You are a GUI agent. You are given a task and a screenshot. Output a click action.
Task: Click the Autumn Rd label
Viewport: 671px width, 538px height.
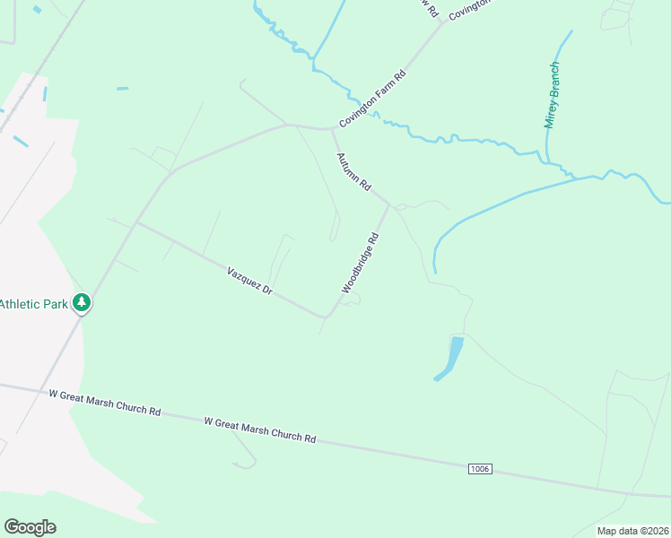point(353,171)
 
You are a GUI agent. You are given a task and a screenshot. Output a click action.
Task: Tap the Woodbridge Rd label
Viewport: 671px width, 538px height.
point(361,264)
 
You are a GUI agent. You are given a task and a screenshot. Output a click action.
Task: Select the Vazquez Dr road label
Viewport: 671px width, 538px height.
point(249,281)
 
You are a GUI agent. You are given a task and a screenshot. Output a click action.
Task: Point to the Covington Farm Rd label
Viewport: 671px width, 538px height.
point(372,99)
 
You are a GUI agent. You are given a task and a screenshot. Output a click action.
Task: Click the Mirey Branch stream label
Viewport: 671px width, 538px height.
point(553,95)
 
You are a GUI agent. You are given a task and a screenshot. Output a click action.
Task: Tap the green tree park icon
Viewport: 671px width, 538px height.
point(83,303)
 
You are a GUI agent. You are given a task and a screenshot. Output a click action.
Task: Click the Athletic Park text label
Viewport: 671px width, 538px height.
point(34,304)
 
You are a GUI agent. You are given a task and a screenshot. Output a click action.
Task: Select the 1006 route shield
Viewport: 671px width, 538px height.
point(480,469)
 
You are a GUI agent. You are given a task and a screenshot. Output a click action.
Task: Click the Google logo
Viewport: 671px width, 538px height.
point(30,527)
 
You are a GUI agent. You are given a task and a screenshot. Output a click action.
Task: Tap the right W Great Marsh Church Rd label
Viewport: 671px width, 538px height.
point(260,430)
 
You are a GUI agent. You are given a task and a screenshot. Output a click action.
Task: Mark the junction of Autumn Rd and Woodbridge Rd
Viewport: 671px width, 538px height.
point(389,204)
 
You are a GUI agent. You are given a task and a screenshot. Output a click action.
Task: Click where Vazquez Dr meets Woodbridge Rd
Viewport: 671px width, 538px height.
point(326,317)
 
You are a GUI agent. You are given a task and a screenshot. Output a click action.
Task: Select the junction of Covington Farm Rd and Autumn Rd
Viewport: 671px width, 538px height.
point(333,129)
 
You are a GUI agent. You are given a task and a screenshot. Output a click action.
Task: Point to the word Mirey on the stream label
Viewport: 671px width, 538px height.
point(551,113)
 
